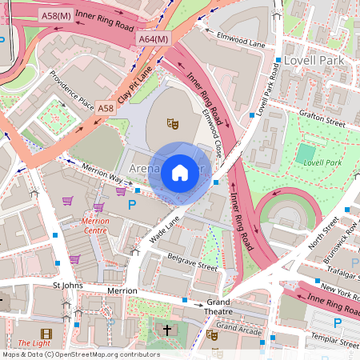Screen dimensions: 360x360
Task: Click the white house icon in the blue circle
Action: [180, 171]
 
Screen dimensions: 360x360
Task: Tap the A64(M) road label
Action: [154, 38]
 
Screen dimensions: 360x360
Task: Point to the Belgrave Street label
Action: [193, 262]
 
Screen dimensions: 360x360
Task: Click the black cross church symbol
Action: [168, 330]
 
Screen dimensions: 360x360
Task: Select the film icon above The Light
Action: [46, 334]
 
